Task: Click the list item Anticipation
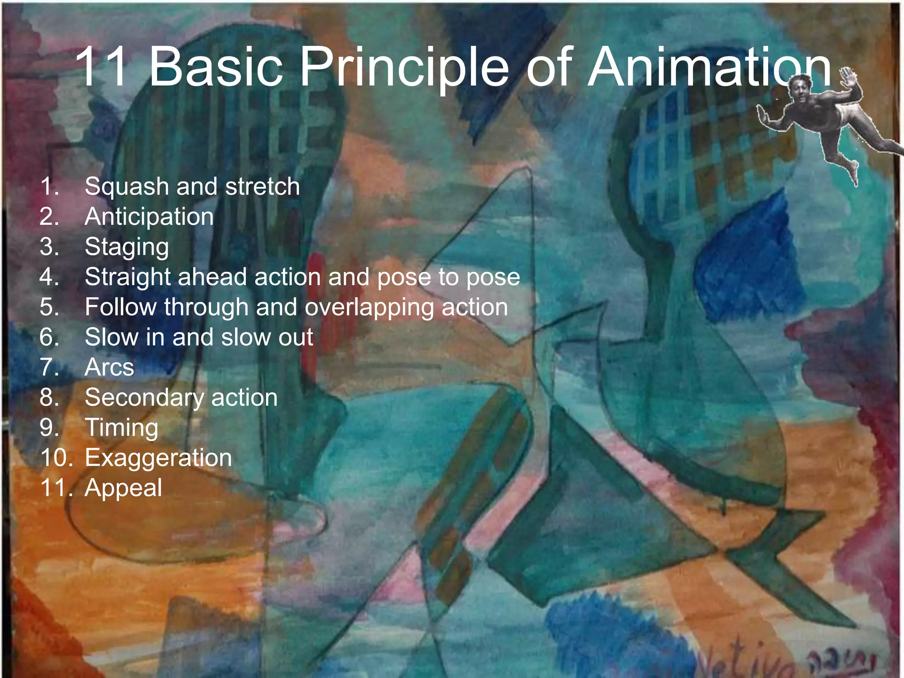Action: pyautogui.click(x=149, y=217)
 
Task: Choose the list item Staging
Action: pyautogui.click(x=127, y=247)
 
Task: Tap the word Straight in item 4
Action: pyautogui.click(x=128, y=278)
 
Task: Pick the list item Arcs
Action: pyautogui.click(x=109, y=367)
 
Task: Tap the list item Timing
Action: pyautogui.click(x=121, y=428)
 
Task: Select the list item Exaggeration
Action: pyautogui.click(x=158, y=458)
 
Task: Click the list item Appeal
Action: pyautogui.click(x=124, y=488)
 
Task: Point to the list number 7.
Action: pyautogui.click(x=49, y=367)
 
